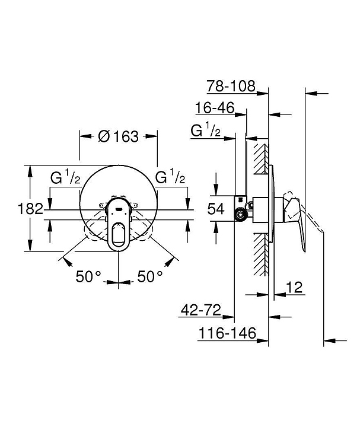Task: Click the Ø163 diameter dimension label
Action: [x=118, y=136]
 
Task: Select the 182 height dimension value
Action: [x=30, y=209]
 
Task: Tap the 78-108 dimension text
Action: [x=231, y=86]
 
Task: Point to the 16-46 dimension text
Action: [x=215, y=108]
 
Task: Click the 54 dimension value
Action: [x=216, y=209]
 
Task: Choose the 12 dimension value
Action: [x=294, y=287]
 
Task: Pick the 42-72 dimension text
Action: [x=201, y=310]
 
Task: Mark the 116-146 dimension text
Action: [x=227, y=333]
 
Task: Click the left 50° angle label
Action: [x=88, y=277]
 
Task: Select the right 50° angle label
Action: [x=150, y=277]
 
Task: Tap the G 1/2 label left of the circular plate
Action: [x=65, y=177]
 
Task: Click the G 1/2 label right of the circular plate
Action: [x=170, y=177]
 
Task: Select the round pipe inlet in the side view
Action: [x=240, y=215]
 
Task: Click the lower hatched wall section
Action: [x=261, y=254]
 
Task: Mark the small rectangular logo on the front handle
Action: [x=119, y=209]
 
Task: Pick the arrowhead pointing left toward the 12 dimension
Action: [x=280, y=294]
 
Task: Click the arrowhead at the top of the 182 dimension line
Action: [x=30, y=171]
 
